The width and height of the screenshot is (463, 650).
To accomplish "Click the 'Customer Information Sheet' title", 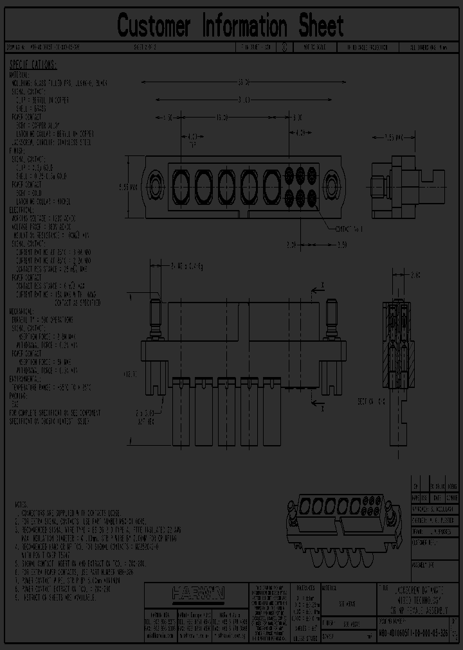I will tap(230, 26).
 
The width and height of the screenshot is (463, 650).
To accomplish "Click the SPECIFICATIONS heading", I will tap(33, 65).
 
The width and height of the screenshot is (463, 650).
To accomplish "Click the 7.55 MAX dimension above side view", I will tap(393, 137).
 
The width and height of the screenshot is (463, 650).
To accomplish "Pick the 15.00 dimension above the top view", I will tap(222, 118).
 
